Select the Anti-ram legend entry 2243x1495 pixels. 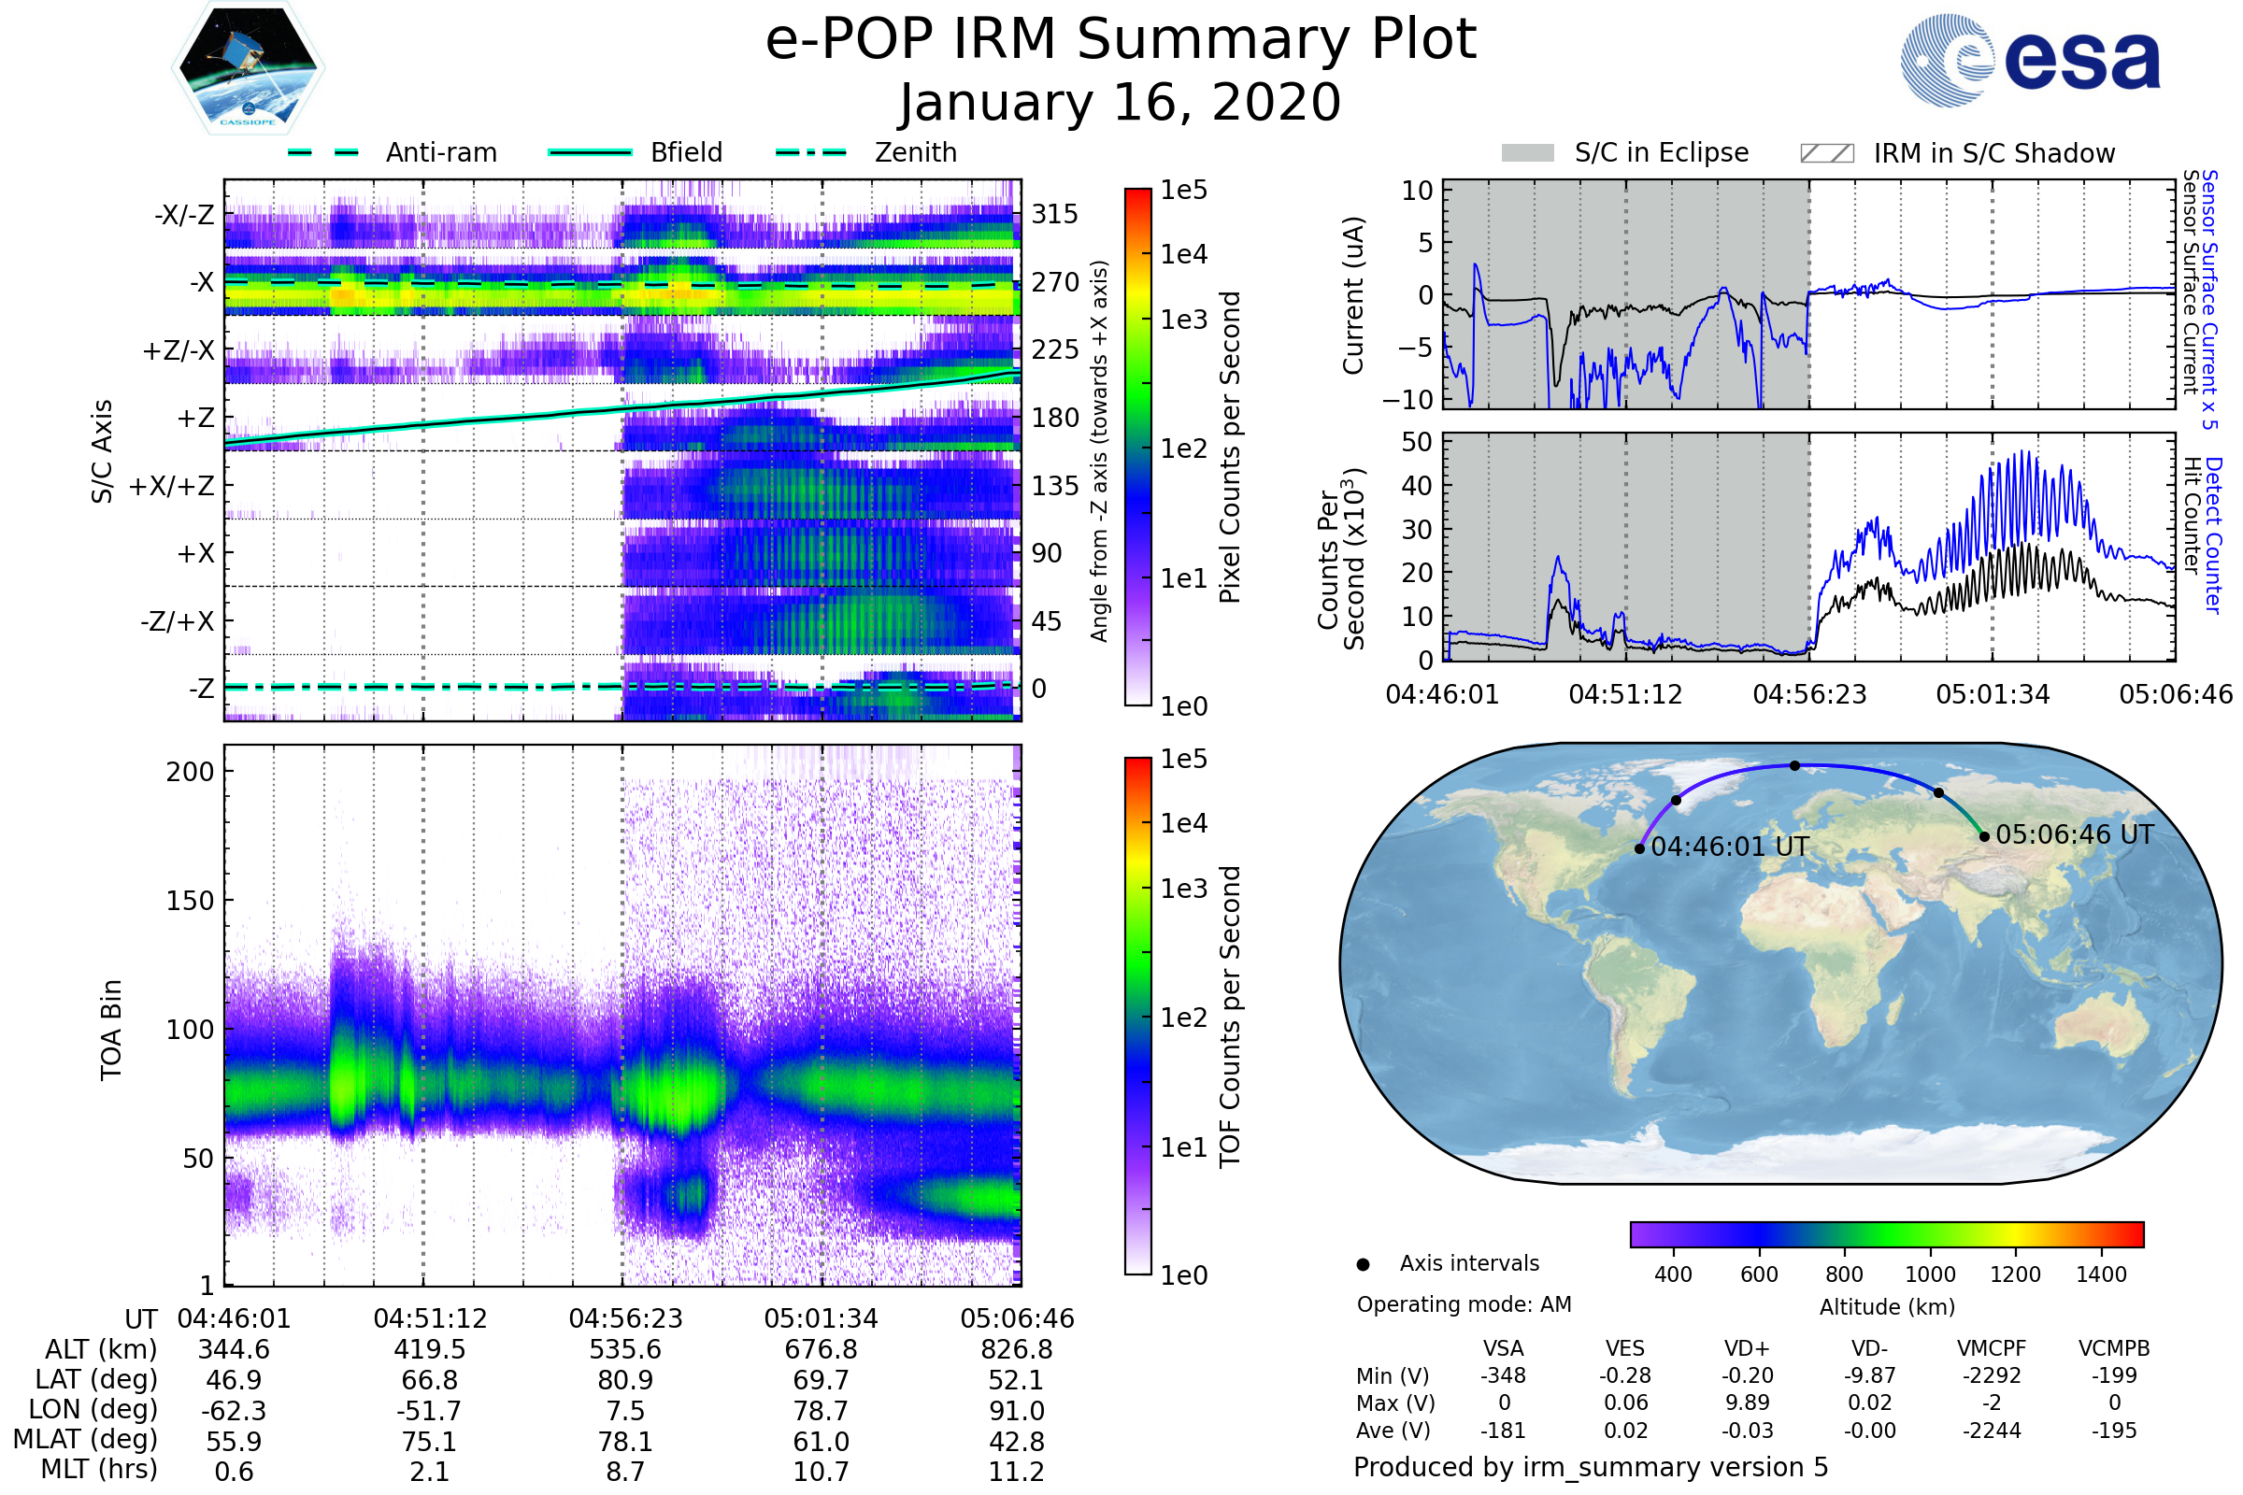pos(440,152)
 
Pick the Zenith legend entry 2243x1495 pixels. pos(915,152)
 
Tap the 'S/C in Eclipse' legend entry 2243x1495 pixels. pos(1661,152)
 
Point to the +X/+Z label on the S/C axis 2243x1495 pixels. pos(172,486)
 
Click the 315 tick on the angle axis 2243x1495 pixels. pos(1055,214)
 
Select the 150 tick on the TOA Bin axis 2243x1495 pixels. pos(190,900)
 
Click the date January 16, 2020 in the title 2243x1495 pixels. pos(1121,103)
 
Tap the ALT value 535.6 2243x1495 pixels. pos(625,1349)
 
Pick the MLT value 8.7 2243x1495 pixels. pos(625,1471)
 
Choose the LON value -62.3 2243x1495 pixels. pos(234,1410)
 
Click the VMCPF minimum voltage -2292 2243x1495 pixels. pos(1992,1375)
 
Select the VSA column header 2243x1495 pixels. pos(1503,1348)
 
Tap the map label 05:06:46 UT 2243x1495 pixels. pos(2074,834)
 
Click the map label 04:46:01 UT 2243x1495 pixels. pos(1729,847)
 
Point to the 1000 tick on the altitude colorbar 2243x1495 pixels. pos(1929,1274)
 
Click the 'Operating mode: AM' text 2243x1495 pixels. pos(1464,1304)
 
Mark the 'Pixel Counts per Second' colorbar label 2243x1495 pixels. pos(1230,447)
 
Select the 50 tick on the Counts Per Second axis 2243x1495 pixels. pos(1417,441)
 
